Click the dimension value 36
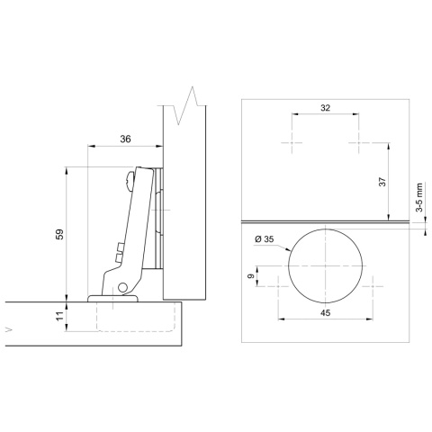click(x=124, y=139)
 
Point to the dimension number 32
click(x=325, y=107)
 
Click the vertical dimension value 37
click(x=382, y=182)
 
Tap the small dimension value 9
click(x=251, y=278)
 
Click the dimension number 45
click(x=325, y=314)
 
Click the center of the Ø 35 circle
click(x=325, y=267)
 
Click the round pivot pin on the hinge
click(x=122, y=288)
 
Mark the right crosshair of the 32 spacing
click(x=358, y=143)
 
